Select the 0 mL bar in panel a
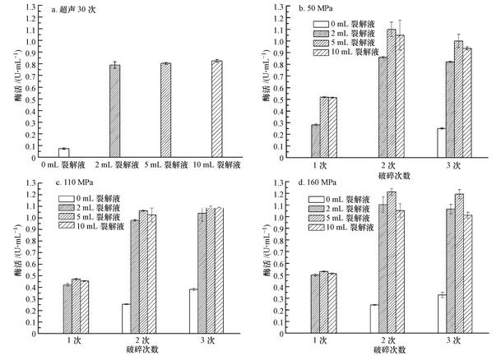coord(63,153)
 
